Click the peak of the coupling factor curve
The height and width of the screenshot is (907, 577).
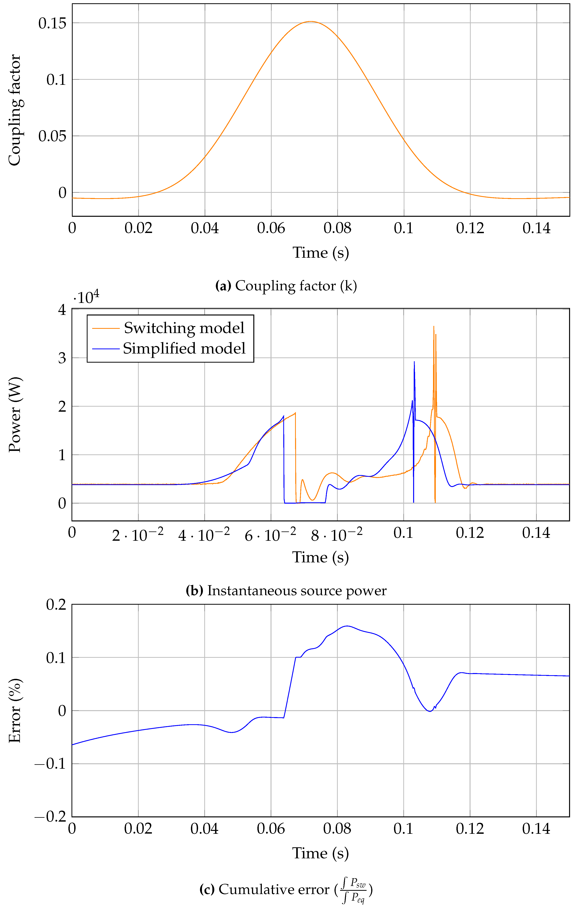point(310,21)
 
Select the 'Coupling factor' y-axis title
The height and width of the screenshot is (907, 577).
point(14,110)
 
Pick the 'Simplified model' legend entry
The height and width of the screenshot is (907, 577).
point(184,348)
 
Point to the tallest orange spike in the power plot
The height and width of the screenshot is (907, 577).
point(434,326)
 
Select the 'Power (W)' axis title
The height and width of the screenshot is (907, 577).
point(14,414)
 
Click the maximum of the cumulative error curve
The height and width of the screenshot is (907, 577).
point(347,626)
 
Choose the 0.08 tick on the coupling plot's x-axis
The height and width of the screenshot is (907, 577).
point(337,228)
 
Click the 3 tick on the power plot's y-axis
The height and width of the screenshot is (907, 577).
point(62,358)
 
